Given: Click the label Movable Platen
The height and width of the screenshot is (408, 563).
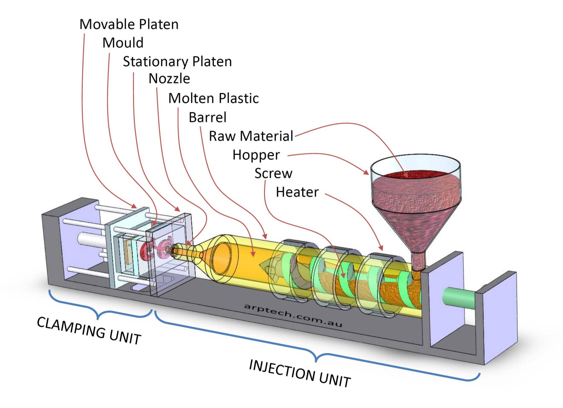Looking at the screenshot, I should pyautogui.click(x=129, y=24).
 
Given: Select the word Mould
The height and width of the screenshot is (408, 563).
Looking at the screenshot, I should pyautogui.click(x=123, y=43).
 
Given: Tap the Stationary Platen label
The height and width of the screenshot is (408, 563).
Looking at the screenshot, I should pyautogui.click(x=177, y=61).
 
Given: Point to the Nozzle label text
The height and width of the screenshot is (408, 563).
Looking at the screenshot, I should pyautogui.click(x=169, y=79).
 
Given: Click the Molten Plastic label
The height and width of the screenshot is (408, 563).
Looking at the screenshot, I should pyautogui.click(x=213, y=98).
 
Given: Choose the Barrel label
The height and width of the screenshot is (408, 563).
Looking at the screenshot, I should pyautogui.click(x=207, y=117).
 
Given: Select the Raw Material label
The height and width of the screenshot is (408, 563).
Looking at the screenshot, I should pyautogui.click(x=251, y=136).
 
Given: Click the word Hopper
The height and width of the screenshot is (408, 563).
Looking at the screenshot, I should pyautogui.click(x=256, y=155).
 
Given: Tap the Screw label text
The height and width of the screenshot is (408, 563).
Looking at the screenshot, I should pyautogui.click(x=273, y=173).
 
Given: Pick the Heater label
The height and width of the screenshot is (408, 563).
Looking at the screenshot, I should pyautogui.click(x=297, y=192).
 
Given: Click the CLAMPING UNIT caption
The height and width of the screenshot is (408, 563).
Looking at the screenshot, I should pyautogui.click(x=89, y=331).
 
